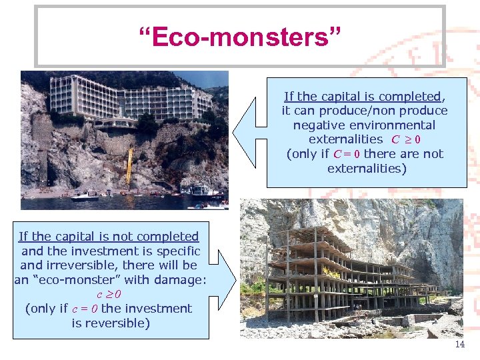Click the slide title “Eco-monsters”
239,37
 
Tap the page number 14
459,345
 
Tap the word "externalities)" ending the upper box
366,169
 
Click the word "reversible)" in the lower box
111,323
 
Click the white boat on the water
85,197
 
